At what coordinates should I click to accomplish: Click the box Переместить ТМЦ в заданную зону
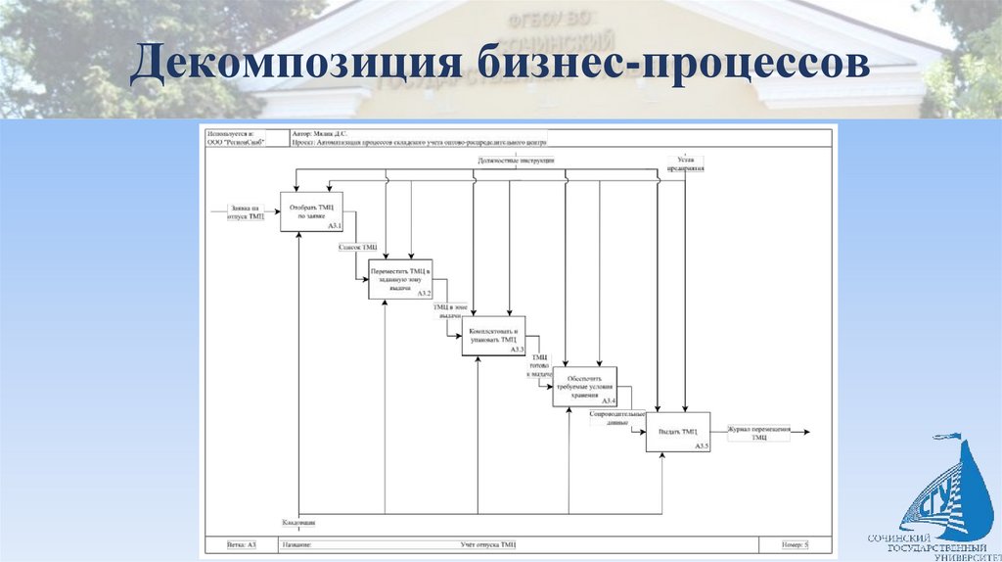[x=399, y=279]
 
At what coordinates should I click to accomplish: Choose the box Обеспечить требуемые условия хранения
[x=585, y=387]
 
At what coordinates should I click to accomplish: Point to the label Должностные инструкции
[x=516, y=159]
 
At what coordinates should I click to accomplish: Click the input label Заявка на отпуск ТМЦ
[x=245, y=211]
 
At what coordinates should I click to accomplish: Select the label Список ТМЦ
[x=357, y=248]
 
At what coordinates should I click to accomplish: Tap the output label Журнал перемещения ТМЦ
[x=760, y=434]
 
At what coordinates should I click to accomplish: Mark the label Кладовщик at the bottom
[x=298, y=521]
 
